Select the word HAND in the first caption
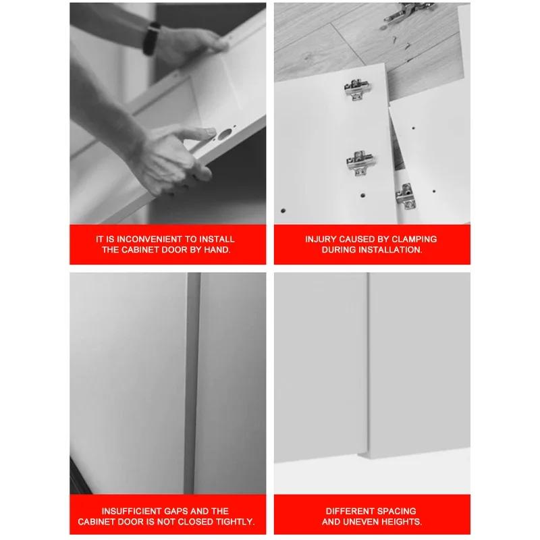coord(216,250)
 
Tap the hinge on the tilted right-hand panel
coord(404,194)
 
